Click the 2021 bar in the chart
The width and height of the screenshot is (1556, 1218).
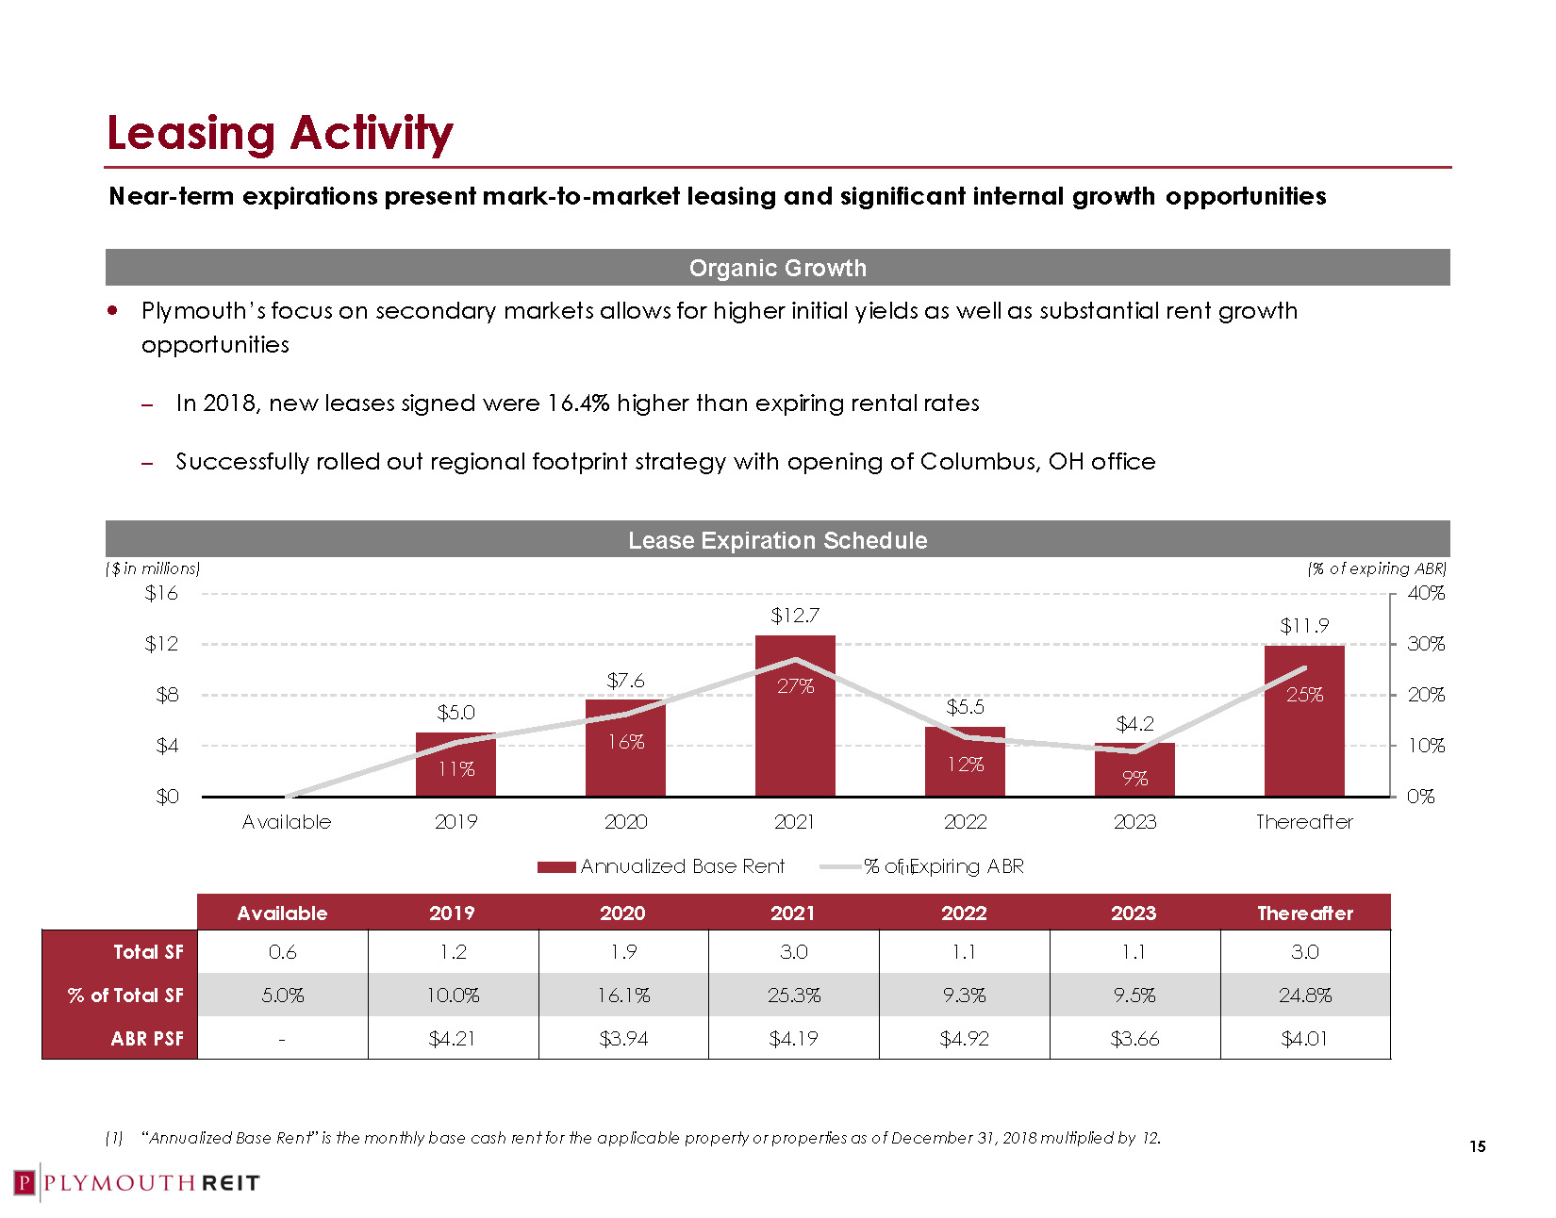(x=795, y=716)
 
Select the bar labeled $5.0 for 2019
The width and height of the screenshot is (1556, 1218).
(x=455, y=765)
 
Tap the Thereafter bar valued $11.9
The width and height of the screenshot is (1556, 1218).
(x=1304, y=721)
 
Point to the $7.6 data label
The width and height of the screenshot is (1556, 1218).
(x=625, y=681)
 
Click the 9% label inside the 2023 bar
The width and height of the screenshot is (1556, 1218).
(x=1134, y=779)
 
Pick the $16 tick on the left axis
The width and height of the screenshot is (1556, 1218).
(x=161, y=593)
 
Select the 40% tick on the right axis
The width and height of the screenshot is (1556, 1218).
(x=1425, y=593)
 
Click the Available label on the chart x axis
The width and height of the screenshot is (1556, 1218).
(x=287, y=822)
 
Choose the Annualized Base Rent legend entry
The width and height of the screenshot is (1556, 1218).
(x=661, y=866)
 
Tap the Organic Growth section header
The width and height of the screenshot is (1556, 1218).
(x=777, y=268)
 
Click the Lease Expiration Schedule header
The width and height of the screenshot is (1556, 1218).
(x=777, y=540)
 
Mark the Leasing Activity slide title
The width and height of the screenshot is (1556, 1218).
(x=280, y=133)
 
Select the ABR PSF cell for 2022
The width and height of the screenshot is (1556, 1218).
(x=964, y=1039)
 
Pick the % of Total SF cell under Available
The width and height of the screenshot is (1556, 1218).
(x=282, y=996)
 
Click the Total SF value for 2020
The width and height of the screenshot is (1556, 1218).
(x=623, y=952)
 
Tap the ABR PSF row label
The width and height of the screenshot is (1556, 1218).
(x=147, y=1039)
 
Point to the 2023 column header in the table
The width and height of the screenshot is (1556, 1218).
(x=1134, y=913)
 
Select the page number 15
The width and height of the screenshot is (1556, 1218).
(x=1477, y=1146)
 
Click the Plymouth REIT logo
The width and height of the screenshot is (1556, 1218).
(x=137, y=1183)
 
